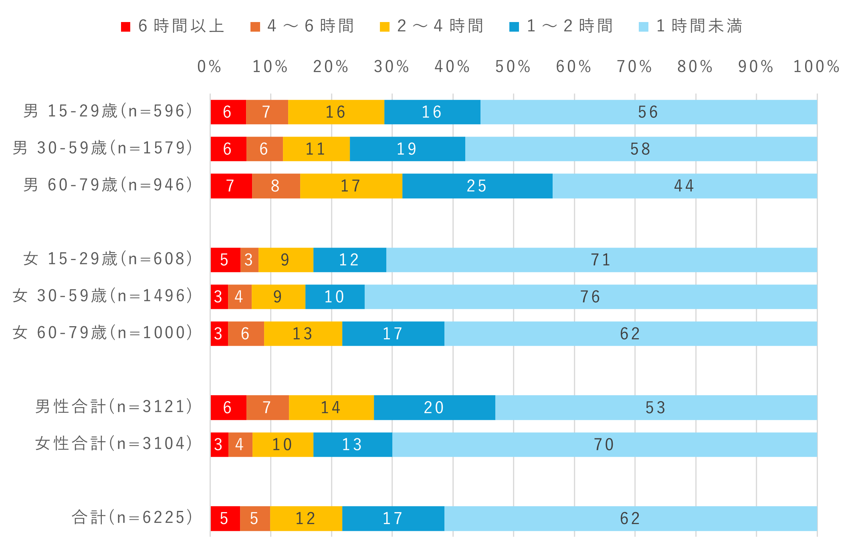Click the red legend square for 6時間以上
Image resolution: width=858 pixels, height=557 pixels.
click(x=126, y=27)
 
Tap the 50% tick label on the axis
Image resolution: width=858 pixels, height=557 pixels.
click(x=513, y=67)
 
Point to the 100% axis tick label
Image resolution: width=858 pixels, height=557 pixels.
click(x=816, y=67)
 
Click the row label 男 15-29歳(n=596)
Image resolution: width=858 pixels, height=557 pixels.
click(x=108, y=111)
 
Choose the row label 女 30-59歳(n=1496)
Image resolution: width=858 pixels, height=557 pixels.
click(x=103, y=296)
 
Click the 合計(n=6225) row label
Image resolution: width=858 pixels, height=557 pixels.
click(x=132, y=518)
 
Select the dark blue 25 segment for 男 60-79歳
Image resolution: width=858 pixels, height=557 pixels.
click(x=477, y=186)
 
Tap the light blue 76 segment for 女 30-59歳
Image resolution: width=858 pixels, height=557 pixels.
click(x=590, y=297)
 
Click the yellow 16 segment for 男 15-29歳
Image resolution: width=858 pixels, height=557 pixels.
click(x=336, y=112)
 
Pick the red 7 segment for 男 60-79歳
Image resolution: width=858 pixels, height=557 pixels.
click(x=231, y=186)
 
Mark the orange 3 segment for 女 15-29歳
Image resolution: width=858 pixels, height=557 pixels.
click(x=249, y=260)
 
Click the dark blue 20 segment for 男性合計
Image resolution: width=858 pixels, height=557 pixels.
click(x=434, y=408)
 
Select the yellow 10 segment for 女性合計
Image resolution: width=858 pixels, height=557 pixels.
click(x=283, y=444)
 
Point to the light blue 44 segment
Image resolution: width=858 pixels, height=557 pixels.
click(x=684, y=186)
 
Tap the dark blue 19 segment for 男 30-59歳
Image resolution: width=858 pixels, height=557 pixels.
click(x=407, y=149)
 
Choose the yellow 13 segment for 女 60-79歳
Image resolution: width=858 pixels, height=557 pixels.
click(x=303, y=334)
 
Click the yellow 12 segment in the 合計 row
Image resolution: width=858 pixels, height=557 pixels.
click(x=306, y=519)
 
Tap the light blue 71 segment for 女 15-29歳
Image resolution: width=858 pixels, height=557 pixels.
click(x=601, y=260)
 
